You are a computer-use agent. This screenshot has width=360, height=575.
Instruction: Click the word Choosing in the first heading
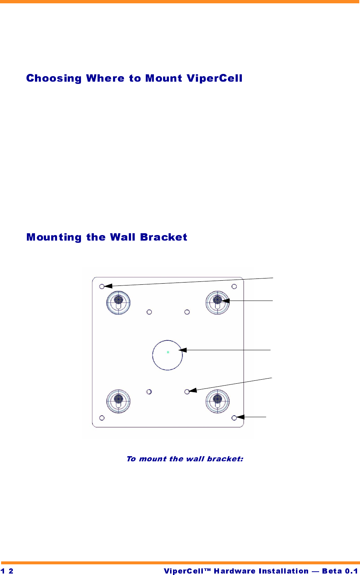point(54,78)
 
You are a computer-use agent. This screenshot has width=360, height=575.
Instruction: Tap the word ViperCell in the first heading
point(214,78)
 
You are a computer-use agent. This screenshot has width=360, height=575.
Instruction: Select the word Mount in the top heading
point(163,78)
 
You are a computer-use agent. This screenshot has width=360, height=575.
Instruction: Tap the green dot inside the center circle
point(168,352)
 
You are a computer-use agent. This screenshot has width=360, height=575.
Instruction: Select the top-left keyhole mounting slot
point(119,303)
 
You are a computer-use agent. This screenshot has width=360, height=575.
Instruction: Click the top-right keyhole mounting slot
point(218,303)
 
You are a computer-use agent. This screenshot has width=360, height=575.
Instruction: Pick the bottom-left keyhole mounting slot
point(119,401)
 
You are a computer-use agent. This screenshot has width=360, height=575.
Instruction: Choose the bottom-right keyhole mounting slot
point(218,401)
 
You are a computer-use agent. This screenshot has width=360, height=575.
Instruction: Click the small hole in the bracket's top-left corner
point(102,286)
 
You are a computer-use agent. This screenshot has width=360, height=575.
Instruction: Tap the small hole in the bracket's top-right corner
point(234,287)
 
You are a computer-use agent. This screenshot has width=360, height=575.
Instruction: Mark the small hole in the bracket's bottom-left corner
point(102,418)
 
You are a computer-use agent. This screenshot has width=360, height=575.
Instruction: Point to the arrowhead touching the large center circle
point(183,350)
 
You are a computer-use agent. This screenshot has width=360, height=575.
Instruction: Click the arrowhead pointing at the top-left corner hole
point(108,286)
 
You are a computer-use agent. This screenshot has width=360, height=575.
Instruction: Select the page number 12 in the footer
point(7,571)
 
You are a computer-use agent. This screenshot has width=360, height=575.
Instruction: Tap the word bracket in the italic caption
point(225,459)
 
